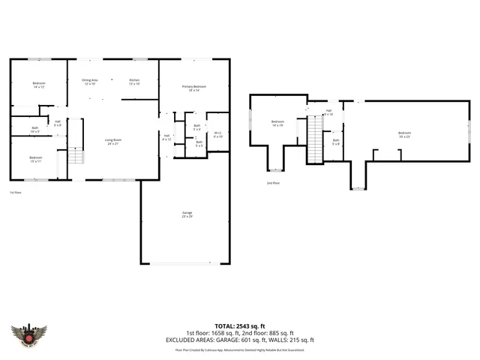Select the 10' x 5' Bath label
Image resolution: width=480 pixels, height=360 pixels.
coord(35,130)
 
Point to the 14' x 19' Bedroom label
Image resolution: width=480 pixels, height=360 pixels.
coord(277,123)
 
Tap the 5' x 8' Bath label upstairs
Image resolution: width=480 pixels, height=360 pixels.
coord(336,142)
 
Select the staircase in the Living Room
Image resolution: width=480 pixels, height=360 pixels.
coord(75,157)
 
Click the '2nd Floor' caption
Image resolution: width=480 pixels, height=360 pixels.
coord(273,183)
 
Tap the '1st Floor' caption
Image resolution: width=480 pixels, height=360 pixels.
coord(15,193)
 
